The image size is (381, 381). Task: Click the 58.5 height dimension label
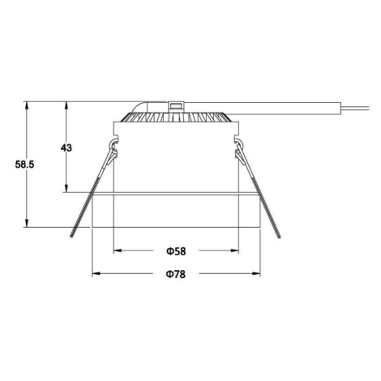pos(24,165)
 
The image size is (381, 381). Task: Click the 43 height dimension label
pos(66,148)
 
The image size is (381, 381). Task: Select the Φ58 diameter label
pos(176,251)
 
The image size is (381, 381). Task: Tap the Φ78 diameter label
pos(176,274)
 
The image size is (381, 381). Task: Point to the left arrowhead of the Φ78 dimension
pos(96,274)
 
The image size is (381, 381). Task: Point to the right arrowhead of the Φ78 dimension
pos(256,274)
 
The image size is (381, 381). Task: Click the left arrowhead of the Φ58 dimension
pos(118,250)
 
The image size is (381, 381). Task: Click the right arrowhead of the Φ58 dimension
pos(234,250)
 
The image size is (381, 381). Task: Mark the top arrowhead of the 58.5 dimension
pos(26,106)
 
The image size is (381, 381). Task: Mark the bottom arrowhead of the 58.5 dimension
pos(26,223)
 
